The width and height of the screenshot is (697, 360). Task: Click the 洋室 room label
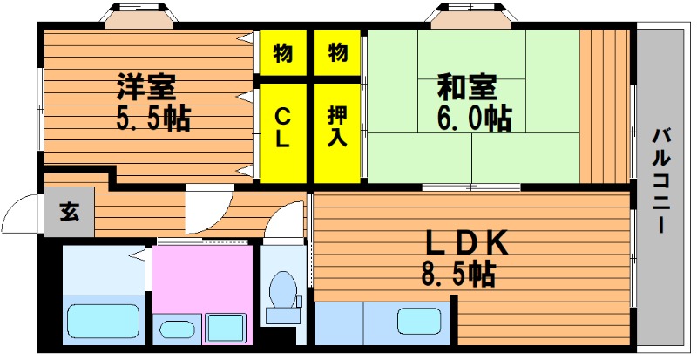click(146, 87)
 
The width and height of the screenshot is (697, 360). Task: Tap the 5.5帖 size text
click(153, 119)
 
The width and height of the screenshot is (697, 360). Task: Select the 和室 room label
click(467, 87)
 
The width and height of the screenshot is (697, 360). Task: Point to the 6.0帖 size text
click(475, 119)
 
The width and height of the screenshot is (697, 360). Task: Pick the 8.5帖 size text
click(458, 274)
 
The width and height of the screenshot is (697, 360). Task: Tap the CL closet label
click(282, 129)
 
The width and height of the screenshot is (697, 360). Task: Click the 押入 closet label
click(337, 126)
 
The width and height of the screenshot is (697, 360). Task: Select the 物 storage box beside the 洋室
click(283, 52)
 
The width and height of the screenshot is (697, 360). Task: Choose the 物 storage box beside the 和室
click(337, 52)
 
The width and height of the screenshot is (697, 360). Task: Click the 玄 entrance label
click(70, 212)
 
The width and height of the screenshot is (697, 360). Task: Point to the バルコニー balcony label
click(662, 180)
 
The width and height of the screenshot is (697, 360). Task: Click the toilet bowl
click(283, 290)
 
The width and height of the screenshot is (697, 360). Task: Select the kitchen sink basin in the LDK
click(419, 322)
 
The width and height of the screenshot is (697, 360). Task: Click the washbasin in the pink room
click(177, 329)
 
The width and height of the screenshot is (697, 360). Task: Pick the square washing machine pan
click(226, 329)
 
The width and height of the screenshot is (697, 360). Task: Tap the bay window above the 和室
click(471, 15)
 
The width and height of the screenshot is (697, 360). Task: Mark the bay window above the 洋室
click(139, 15)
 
